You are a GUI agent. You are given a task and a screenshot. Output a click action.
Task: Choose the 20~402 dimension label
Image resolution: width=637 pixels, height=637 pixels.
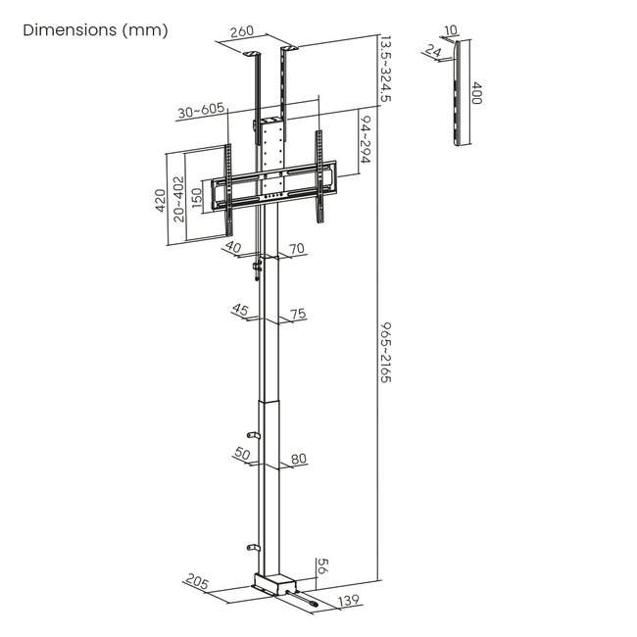[x=178, y=199]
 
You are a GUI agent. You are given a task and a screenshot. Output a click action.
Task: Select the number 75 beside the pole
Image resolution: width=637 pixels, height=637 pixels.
[x=298, y=314]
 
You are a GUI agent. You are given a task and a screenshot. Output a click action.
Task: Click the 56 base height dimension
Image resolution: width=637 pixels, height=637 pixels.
[x=321, y=565]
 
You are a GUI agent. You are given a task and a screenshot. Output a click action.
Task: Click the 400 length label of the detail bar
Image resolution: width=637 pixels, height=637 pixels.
[x=478, y=95]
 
